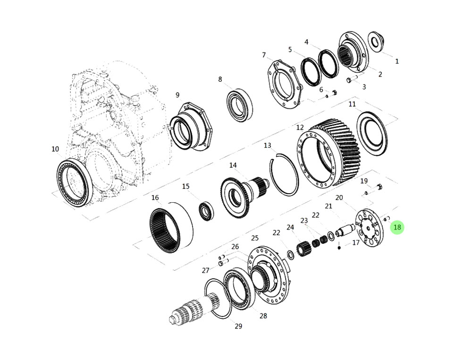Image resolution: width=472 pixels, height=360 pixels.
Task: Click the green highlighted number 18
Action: [x=397, y=227]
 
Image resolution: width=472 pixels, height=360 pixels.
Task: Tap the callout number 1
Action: [x=397, y=61]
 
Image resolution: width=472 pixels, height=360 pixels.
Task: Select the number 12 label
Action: [x=300, y=128]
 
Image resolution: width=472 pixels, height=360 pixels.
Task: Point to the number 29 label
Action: [x=238, y=326]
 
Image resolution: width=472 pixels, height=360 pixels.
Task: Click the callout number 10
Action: [x=55, y=149]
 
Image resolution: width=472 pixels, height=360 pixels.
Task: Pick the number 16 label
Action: [x=155, y=197]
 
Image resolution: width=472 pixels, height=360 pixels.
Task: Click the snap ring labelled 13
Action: [x=284, y=175]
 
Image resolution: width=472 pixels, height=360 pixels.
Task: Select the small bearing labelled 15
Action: [x=207, y=211]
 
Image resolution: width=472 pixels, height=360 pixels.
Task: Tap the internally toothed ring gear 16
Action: [x=171, y=227]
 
